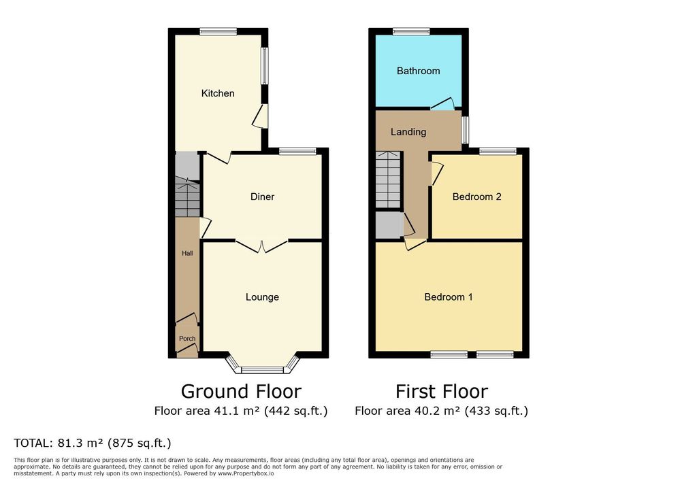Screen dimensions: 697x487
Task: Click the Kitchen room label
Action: (218, 93)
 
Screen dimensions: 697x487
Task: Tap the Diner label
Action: (262, 197)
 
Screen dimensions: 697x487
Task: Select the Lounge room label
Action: (262, 297)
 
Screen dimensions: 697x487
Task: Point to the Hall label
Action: (187, 253)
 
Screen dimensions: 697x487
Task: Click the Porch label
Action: (187, 339)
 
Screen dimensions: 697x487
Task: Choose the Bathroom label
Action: (419, 71)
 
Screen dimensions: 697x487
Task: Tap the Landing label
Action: (408, 132)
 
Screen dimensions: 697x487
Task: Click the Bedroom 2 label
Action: (477, 197)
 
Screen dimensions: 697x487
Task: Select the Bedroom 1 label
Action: (449, 297)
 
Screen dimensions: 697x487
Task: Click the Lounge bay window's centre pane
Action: (262, 370)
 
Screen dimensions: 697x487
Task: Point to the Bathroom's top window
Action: (412, 31)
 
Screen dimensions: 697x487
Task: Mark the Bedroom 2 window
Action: (498, 151)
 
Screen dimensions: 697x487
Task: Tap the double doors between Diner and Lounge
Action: (262, 246)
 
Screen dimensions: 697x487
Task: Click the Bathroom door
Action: (442, 104)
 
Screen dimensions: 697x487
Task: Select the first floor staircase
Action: (389, 180)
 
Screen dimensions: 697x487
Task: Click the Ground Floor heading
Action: (241, 392)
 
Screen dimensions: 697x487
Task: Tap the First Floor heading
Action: (442, 392)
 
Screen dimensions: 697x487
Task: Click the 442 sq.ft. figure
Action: (296, 411)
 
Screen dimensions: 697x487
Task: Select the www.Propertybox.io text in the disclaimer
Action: (246, 473)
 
